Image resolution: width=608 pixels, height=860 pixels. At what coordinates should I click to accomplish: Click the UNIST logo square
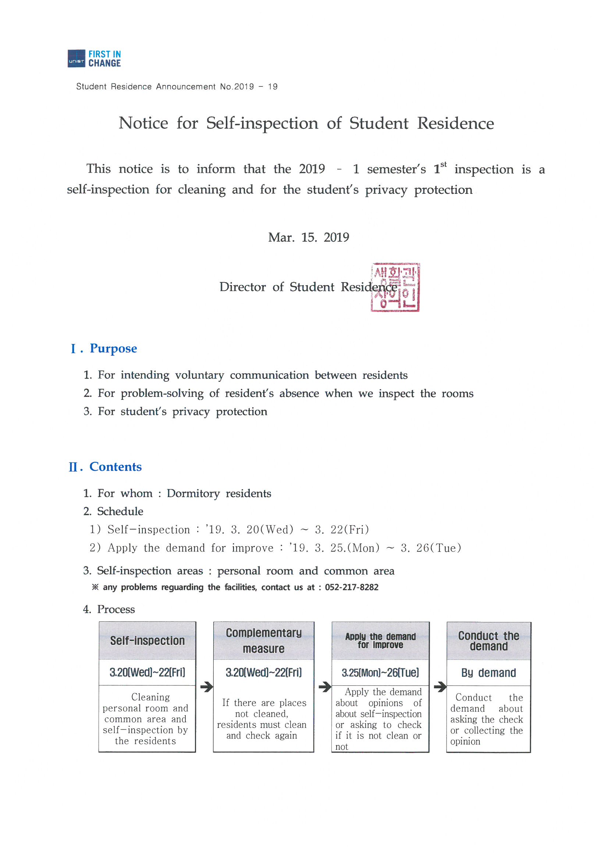tap(77, 58)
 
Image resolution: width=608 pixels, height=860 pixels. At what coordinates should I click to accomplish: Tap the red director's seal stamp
tap(395, 287)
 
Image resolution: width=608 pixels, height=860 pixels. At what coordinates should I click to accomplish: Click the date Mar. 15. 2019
tap(308, 238)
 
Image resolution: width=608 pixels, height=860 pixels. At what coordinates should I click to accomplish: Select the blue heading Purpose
tap(113, 348)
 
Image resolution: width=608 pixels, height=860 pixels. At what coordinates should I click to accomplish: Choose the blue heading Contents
tap(115, 467)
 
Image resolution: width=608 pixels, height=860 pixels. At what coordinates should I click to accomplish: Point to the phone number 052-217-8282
tap(351, 587)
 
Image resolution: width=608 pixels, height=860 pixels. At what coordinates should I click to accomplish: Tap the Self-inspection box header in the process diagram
tap(147, 641)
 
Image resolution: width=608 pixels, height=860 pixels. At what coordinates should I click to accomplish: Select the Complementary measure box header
tap(263, 640)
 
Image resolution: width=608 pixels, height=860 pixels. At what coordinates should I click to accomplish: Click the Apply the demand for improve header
tap(380, 640)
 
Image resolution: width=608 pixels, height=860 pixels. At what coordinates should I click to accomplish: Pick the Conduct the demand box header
tap(488, 641)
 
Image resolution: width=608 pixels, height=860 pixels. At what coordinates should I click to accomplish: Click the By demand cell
tap(488, 673)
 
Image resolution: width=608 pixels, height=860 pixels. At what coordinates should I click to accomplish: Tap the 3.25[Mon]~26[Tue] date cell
tap(380, 673)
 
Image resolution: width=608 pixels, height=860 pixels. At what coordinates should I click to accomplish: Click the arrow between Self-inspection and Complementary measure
tap(206, 687)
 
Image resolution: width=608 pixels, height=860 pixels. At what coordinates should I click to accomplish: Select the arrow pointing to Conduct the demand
tap(440, 687)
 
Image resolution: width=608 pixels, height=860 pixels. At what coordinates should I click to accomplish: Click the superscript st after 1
tap(444, 164)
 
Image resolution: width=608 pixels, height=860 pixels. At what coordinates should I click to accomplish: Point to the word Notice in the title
tap(143, 123)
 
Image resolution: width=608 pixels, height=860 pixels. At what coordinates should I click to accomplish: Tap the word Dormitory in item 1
tap(193, 493)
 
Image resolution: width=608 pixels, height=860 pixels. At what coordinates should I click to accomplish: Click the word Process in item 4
tap(116, 610)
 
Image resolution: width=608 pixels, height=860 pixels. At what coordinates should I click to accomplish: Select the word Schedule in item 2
tap(120, 511)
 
